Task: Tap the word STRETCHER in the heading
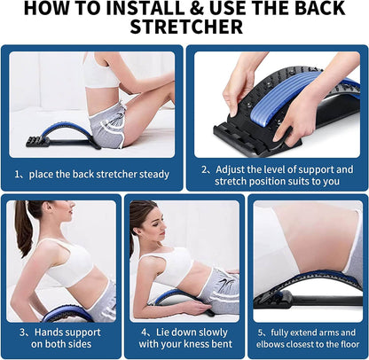click(184, 28)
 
